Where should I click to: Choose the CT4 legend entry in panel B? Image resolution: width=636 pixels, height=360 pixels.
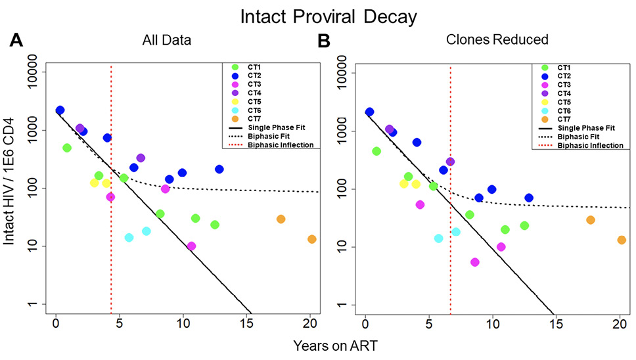(x=562, y=93)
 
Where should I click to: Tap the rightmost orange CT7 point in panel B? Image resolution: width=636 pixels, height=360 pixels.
(x=622, y=240)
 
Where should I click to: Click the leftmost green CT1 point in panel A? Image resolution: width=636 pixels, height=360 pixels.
(x=67, y=148)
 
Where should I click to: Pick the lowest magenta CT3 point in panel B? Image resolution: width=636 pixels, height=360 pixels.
(x=475, y=262)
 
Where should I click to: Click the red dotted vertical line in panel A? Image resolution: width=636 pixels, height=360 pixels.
(x=111, y=197)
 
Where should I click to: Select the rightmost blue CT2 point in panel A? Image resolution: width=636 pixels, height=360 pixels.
(x=219, y=169)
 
